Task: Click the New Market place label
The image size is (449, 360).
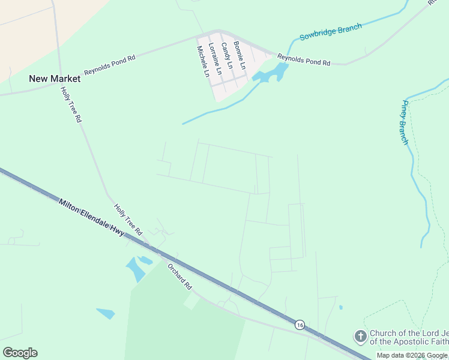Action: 55,79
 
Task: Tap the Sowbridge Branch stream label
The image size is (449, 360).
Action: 331,32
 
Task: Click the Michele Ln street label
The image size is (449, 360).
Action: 203,61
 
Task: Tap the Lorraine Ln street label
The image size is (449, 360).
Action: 215,58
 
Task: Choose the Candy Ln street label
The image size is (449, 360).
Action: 226,55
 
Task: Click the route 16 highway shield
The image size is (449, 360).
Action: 299,324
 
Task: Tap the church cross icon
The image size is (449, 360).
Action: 360,337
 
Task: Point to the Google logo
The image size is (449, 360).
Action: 20,353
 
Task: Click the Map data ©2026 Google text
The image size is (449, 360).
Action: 412,355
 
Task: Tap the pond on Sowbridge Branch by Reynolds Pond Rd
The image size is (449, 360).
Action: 271,74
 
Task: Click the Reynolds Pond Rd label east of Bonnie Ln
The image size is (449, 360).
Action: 304,59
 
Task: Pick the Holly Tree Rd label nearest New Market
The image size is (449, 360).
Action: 70,104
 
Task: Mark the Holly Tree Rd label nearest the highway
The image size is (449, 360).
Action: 128,219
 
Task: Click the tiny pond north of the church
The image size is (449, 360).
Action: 340,307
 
